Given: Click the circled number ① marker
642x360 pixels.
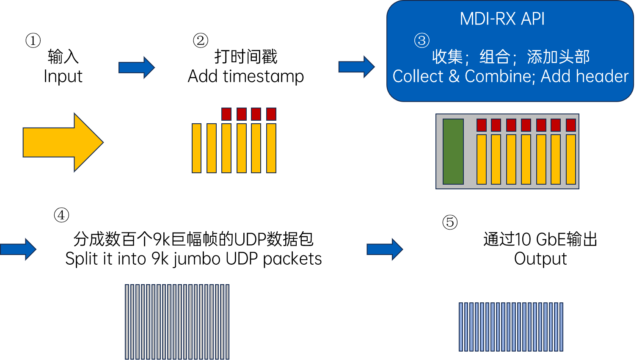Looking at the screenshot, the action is point(33,40).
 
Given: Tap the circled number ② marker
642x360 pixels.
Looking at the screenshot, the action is point(200,40).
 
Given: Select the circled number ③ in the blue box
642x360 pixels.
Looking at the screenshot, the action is point(422,40).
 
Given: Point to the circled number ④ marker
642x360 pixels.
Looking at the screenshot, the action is point(61,215).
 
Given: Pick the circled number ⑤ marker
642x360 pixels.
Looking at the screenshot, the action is point(450,222).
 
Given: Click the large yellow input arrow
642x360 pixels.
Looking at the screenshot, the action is point(63,142).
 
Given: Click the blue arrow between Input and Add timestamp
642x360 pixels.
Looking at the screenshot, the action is point(137,68).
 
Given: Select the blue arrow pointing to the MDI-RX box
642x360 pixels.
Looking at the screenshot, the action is point(356,67).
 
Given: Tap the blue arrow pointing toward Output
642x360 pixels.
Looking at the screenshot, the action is point(385,249).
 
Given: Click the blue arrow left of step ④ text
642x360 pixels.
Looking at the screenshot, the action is point(18,249).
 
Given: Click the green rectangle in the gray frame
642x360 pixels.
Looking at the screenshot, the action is point(453,152).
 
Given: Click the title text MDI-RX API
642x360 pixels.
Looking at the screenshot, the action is point(502,19).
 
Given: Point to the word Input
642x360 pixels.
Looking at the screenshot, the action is point(63,77).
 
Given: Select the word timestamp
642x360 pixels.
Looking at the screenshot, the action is point(263,77).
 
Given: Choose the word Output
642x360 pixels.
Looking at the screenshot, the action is point(540,259).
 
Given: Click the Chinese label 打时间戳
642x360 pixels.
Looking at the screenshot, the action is point(246,56).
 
